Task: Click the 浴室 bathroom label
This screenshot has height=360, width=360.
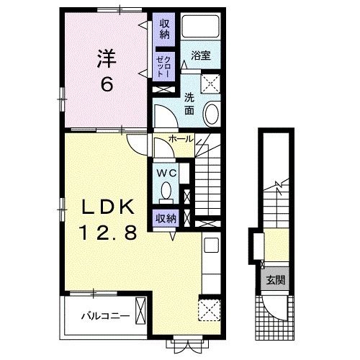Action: point(201,55)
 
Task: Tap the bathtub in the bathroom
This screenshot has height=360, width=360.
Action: point(200,26)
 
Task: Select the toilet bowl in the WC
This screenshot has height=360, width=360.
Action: point(166,191)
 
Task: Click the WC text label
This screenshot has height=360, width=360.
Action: point(166,173)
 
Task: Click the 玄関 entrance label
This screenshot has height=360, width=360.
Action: point(276,280)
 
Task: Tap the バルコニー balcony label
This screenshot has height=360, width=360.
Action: point(105,315)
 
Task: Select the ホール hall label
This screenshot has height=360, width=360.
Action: point(181,139)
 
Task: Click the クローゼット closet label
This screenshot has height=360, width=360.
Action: point(164,66)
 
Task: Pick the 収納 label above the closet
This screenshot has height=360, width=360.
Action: point(165,29)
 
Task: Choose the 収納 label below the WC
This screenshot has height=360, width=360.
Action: point(166,219)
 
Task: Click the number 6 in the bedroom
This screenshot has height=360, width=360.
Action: point(107,84)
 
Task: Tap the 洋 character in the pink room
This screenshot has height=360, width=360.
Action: point(107,58)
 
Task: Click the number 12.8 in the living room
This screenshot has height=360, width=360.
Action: point(109,233)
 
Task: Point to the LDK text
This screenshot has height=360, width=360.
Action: point(108,207)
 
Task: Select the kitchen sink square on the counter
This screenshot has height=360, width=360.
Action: point(211,245)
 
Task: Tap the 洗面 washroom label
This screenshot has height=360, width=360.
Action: point(189,104)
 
